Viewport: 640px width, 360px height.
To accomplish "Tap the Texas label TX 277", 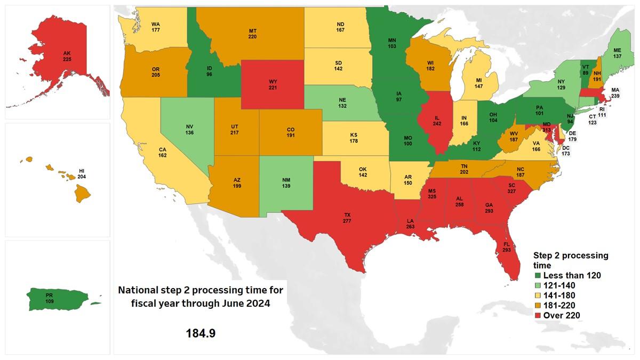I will pos(347,217).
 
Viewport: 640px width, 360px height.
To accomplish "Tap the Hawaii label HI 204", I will pos(82,173).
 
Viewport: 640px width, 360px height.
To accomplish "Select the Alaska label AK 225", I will pos(67,57).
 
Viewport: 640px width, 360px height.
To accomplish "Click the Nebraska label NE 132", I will pos(342,103).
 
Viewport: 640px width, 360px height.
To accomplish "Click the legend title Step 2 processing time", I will pos(570,260).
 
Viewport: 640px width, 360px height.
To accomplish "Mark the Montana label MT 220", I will pos(252,35).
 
